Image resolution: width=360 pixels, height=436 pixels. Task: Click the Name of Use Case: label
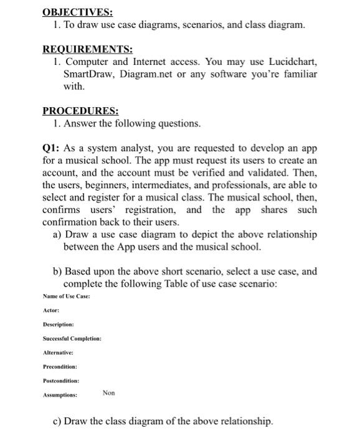tap(66, 296)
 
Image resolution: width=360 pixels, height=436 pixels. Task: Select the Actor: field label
tap(51, 310)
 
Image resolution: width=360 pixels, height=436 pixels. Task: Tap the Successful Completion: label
tap(72, 338)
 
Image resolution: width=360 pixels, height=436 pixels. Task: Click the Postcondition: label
tap(61, 380)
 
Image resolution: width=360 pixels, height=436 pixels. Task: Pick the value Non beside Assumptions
tap(110, 394)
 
